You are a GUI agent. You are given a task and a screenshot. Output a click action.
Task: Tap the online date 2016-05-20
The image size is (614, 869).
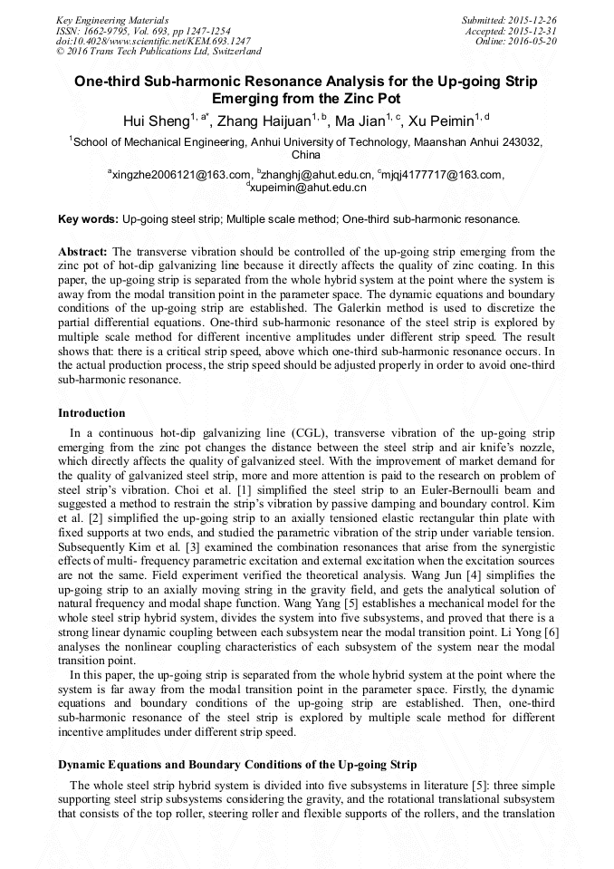[x=533, y=41]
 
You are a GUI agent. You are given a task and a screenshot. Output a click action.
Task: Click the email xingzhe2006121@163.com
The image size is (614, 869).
[x=180, y=175]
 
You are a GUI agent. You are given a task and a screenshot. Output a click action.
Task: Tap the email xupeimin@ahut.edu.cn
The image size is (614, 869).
[x=309, y=188]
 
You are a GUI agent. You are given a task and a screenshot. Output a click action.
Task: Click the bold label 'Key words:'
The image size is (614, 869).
[x=88, y=219]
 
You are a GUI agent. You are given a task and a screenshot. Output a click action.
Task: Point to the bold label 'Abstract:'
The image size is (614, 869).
[x=82, y=251]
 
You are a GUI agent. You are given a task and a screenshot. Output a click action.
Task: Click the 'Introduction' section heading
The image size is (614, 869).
[x=91, y=413]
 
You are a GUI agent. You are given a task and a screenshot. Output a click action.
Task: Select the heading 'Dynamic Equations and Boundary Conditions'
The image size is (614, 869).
[x=236, y=765]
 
